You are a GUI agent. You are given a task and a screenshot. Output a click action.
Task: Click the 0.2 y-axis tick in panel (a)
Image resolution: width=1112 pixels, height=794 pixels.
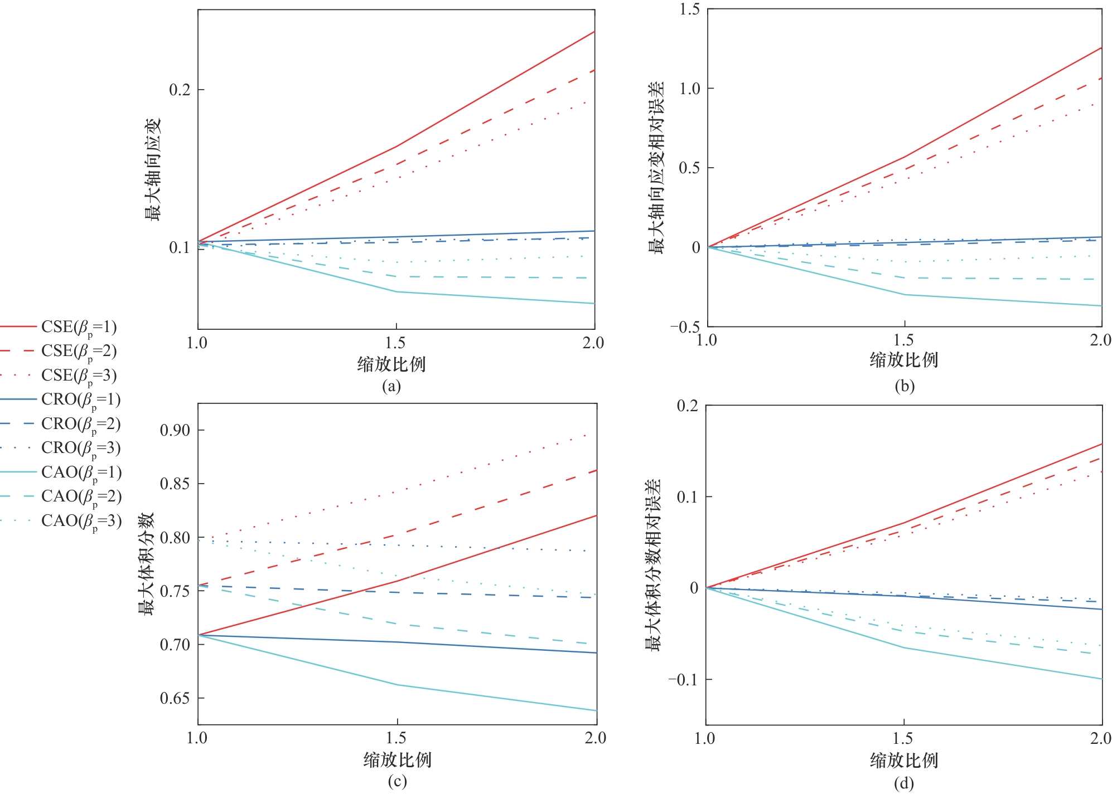point(180,90)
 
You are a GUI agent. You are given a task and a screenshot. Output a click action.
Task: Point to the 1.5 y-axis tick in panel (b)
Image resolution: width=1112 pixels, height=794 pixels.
point(689,9)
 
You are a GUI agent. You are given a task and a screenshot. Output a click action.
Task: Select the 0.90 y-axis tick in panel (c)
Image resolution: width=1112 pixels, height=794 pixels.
point(175,430)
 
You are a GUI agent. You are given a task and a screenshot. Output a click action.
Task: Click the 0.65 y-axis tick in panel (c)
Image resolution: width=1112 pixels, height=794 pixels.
point(175,698)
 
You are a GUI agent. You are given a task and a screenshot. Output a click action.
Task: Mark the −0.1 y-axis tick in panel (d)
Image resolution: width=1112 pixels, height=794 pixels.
point(683,680)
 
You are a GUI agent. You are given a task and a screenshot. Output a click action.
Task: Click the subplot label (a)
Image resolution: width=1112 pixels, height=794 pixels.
point(391,386)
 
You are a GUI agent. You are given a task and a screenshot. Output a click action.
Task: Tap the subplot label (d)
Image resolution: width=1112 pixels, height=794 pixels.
point(904,783)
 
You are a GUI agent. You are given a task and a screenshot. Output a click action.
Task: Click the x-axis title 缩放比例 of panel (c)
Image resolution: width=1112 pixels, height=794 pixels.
point(397,759)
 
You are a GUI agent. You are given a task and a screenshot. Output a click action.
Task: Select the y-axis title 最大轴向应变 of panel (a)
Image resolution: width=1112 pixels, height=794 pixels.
point(152,169)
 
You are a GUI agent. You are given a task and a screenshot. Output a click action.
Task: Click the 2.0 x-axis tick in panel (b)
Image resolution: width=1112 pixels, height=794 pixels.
point(1100,340)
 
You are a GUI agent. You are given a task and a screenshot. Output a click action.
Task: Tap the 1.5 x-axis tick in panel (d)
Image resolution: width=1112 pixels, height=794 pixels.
point(903,738)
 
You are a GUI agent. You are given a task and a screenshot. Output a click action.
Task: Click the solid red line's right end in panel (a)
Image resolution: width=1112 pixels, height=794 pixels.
point(594,32)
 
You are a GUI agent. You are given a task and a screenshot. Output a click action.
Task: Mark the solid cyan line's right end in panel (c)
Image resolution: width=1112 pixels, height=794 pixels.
point(596,710)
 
